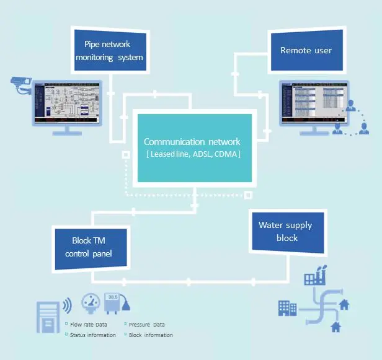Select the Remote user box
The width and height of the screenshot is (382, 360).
(x=306, y=50)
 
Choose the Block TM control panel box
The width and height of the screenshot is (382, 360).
(x=91, y=248)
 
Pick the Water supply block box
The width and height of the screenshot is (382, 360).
(x=286, y=231)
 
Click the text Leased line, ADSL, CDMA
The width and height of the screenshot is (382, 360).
(x=193, y=154)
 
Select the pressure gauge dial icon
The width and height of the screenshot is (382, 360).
(x=92, y=302)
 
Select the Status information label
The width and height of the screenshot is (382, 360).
(x=93, y=335)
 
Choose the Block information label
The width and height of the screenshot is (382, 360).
(x=151, y=335)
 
